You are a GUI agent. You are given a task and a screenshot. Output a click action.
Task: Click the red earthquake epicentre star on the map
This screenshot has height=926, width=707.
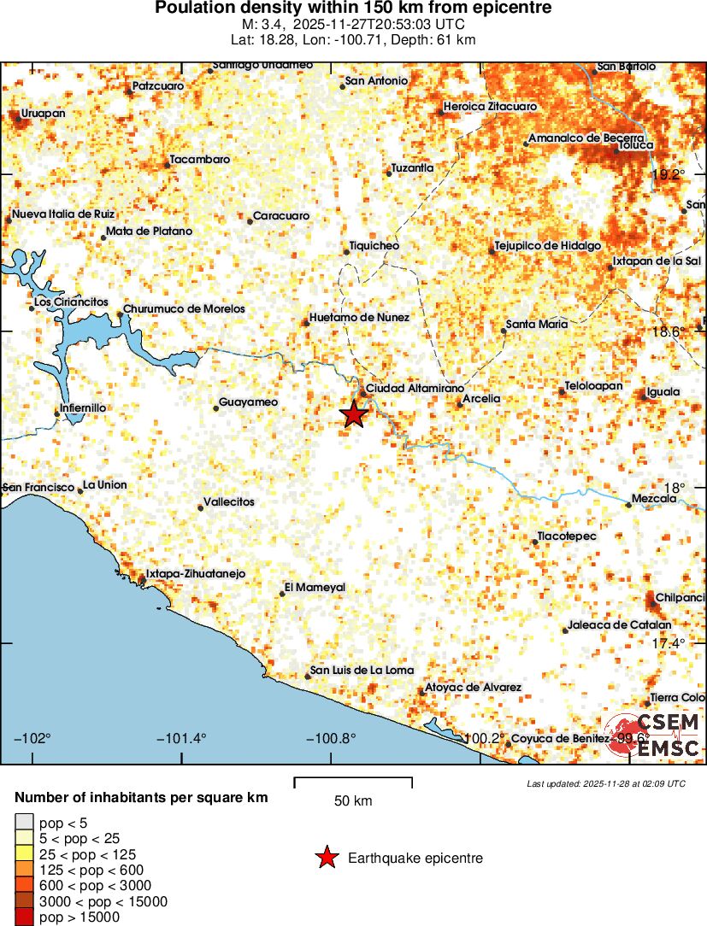click(354, 414)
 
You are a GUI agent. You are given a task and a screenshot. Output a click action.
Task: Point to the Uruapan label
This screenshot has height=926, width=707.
click(43, 113)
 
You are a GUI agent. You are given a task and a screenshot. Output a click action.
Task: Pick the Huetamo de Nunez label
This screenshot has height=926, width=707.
click(359, 317)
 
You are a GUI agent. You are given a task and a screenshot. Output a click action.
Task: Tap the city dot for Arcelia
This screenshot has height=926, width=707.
click(459, 404)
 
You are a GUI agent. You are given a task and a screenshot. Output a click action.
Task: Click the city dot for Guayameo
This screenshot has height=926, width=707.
click(215, 408)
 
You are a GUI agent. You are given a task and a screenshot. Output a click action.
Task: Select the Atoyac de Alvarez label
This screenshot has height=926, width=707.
click(474, 688)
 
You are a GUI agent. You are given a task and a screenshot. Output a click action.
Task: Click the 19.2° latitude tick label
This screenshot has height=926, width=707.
click(669, 174)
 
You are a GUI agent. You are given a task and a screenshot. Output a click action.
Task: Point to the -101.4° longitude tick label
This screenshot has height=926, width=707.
click(181, 738)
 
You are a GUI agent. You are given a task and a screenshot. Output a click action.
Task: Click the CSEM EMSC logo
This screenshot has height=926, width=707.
click(655, 735)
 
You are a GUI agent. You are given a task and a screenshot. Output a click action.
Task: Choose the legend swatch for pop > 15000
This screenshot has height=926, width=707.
click(23, 917)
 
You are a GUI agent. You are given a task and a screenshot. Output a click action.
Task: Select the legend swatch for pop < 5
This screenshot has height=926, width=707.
click(23, 823)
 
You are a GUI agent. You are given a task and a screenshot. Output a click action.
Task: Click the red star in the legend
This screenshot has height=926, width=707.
click(327, 859)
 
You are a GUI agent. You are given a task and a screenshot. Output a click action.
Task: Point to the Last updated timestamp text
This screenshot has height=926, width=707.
click(605, 783)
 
